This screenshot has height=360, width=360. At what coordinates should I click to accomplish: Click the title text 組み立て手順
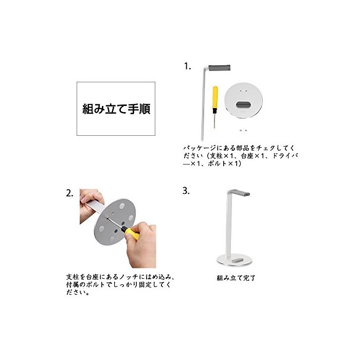(x=116, y=109)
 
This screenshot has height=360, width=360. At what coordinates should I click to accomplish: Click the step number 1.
(x=187, y=66)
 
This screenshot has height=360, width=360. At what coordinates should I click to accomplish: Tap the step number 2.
(x=69, y=193)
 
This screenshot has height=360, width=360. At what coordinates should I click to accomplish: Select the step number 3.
(x=186, y=191)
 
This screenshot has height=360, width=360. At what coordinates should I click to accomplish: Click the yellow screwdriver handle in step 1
(x=215, y=98)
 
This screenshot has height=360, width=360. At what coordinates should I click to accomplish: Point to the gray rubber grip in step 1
(x=219, y=68)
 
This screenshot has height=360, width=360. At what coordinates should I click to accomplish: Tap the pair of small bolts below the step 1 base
(x=243, y=131)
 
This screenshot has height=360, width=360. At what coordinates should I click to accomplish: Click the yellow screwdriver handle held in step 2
(x=132, y=232)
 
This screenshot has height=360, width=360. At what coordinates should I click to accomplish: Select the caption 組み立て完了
(x=236, y=278)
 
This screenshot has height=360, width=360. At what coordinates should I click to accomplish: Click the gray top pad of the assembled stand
(x=240, y=192)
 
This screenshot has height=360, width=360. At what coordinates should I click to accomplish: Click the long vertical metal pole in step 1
(x=203, y=103)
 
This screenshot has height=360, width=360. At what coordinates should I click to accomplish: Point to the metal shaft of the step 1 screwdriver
(x=214, y=121)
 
